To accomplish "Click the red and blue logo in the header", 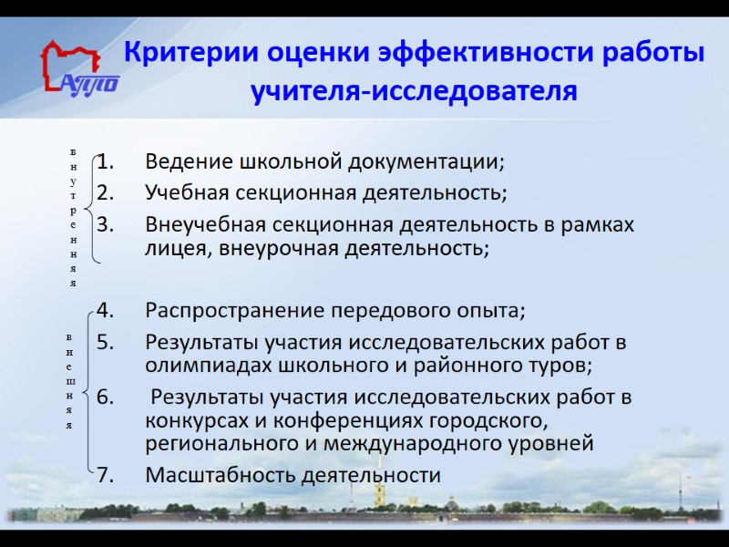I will point(79,68).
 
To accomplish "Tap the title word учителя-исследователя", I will point(414,92).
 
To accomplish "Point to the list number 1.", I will point(107,163).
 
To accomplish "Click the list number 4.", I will point(106,311).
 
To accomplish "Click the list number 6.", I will point(106,397).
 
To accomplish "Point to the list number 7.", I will point(106,476).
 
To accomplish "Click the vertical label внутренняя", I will point(72,216).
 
